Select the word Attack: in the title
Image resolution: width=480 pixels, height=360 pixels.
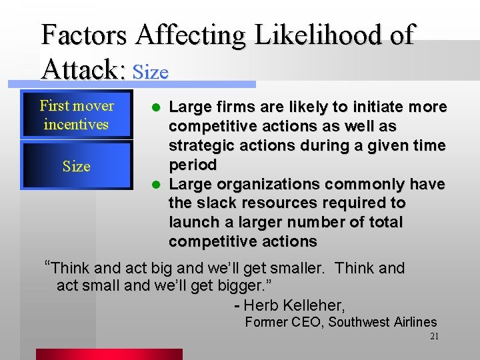85,68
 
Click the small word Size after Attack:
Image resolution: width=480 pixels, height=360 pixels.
151,71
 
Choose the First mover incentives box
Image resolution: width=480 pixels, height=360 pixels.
76,115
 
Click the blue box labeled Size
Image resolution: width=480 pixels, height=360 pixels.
76,166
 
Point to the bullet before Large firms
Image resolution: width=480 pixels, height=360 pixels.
156,107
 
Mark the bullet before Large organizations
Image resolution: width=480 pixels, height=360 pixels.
156,184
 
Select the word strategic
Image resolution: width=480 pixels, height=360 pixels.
198,145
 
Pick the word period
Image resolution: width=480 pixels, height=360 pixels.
193,165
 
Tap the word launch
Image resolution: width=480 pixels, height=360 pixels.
193,222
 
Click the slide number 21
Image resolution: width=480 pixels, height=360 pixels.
434,337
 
